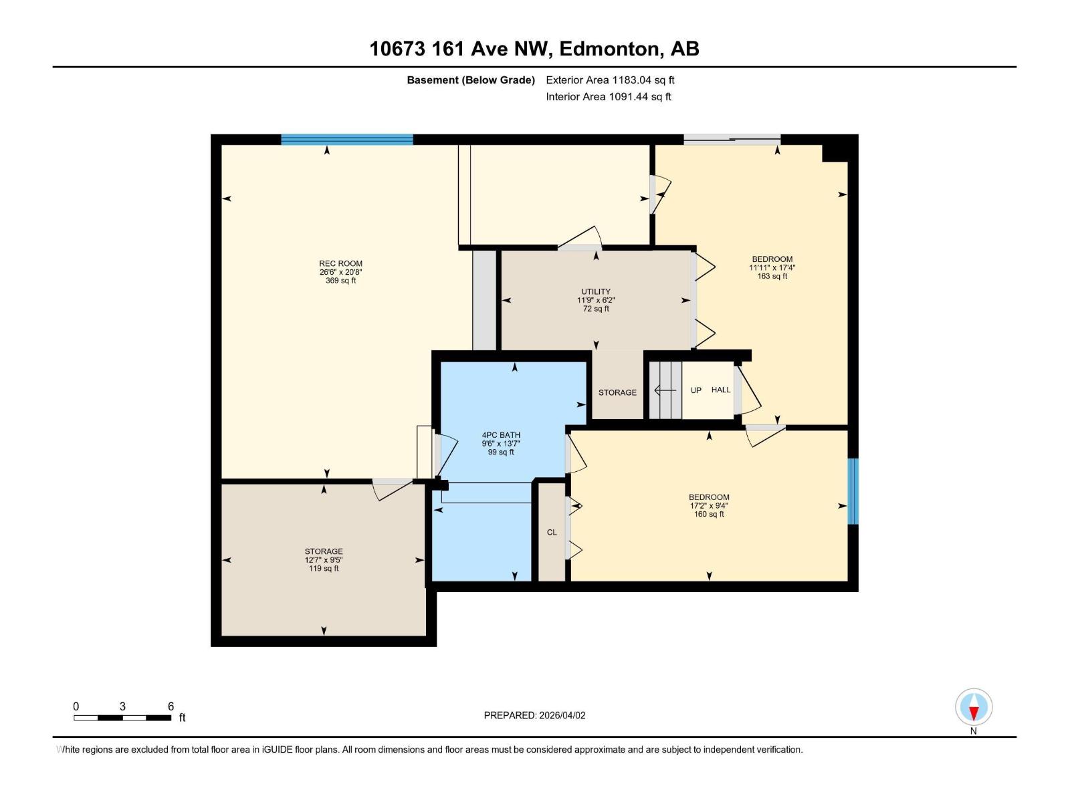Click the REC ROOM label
340,263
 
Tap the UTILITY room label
595,291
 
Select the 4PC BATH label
501,435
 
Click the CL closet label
552,533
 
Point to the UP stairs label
696,390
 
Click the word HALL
721,390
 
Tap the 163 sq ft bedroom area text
772,276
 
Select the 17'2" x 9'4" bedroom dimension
709,506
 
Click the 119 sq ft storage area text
324,569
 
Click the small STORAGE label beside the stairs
617,392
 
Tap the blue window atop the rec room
346,140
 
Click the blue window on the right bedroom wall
853,491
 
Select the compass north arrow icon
974,708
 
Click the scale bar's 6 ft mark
171,707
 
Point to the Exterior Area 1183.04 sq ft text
610,80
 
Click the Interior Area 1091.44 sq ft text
608,97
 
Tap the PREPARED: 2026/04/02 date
534,715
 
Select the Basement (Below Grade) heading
471,80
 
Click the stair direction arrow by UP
664,390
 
